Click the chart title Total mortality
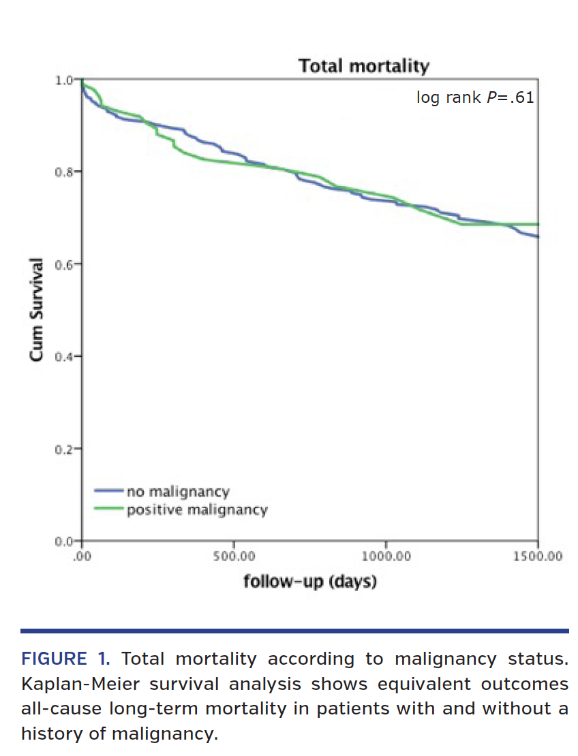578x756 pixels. (364, 67)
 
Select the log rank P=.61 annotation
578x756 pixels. (475, 98)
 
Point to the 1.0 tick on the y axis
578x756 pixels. (63, 80)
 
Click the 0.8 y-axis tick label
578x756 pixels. (63, 172)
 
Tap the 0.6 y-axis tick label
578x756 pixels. (63, 264)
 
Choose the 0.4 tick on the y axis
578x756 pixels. (63, 356)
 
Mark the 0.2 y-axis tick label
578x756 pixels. (63, 449)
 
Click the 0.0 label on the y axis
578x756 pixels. (63, 541)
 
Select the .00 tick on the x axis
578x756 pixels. (82, 556)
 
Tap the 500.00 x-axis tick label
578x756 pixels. (234, 556)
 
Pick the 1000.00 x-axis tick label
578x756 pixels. (386, 556)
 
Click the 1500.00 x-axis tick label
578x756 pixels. (538, 556)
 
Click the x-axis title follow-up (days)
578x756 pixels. (310, 582)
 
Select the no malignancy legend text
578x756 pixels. (178, 491)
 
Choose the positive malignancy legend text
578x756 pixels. (197, 509)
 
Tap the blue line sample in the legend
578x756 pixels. (108, 490)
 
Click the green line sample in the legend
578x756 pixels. (108, 508)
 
